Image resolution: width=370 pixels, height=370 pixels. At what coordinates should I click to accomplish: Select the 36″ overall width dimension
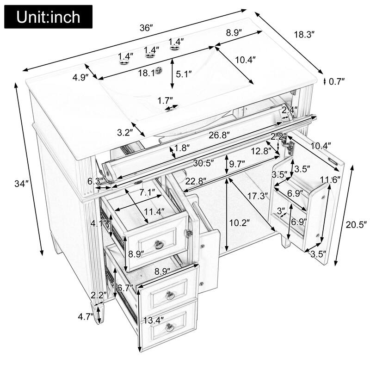(146, 28)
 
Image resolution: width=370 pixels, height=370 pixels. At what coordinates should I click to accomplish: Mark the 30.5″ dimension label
(204, 163)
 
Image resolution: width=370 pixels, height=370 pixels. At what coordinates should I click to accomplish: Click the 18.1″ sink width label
(149, 73)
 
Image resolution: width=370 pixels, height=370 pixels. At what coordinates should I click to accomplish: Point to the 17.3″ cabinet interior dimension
(257, 196)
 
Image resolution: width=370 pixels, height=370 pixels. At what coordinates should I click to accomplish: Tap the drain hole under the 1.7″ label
(172, 109)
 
